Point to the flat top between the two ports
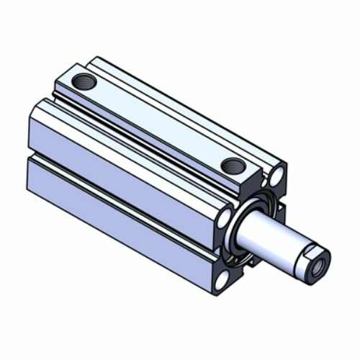click(x=158, y=122)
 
